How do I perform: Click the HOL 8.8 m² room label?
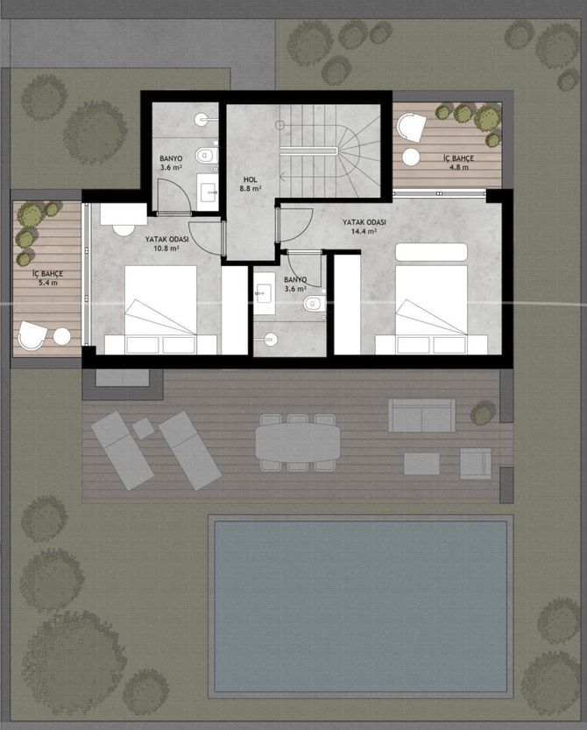pyautogui.click(x=251, y=184)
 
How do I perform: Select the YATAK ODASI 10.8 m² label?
pyautogui.click(x=166, y=243)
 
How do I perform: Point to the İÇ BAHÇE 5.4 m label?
pyautogui.click(x=48, y=278)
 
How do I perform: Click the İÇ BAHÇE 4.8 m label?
pyautogui.click(x=458, y=163)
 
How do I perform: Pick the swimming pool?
pyautogui.click(x=361, y=606)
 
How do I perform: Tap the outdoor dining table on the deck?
pyautogui.click(x=298, y=442)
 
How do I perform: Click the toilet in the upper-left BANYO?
pyautogui.click(x=207, y=155)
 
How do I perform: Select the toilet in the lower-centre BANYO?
pyautogui.click(x=315, y=304)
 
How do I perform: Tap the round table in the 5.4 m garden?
pyautogui.click(x=61, y=336)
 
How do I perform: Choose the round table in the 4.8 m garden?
pyautogui.click(x=411, y=157)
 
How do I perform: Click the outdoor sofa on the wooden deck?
pyautogui.click(x=422, y=415)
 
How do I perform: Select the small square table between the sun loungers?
pyautogui.click(x=144, y=428)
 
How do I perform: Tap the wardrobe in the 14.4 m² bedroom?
pyautogui.click(x=347, y=305)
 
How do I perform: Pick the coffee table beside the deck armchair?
pyautogui.click(x=421, y=464)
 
